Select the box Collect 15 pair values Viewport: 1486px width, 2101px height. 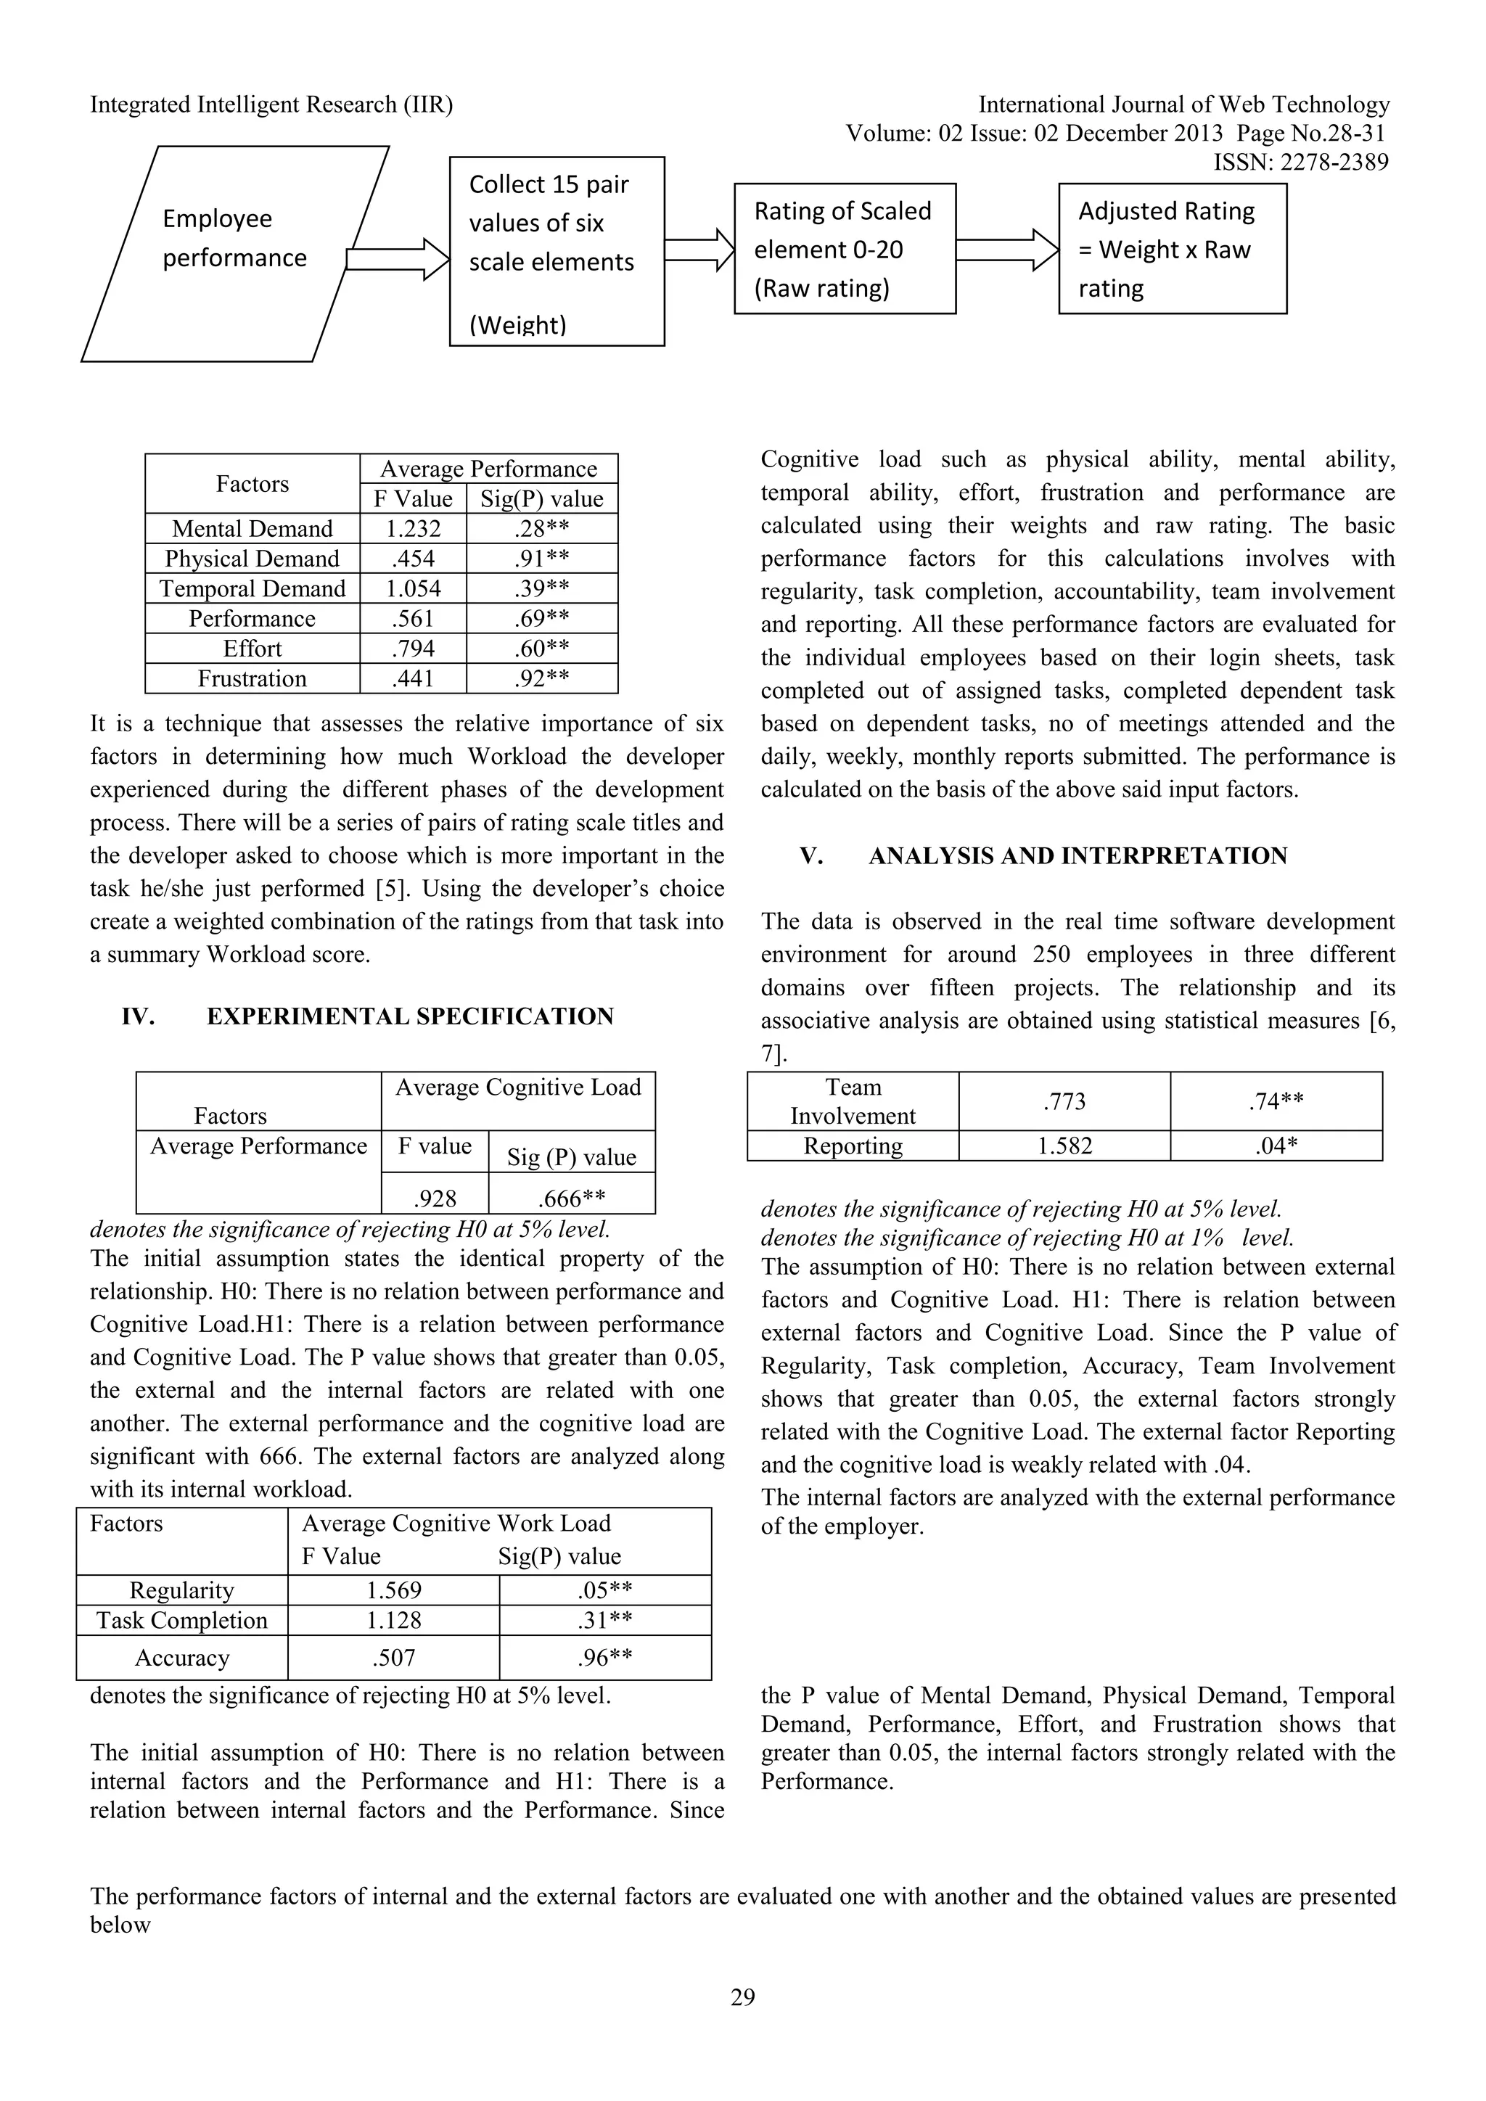pyautogui.click(x=557, y=251)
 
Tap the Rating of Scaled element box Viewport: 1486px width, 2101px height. pyautogui.click(x=844, y=249)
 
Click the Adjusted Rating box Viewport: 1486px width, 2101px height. pyautogui.click(x=1171, y=249)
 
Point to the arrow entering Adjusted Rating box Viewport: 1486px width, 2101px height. pyautogui.click(x=1007, y=250)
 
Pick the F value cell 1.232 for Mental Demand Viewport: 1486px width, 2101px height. pyautogui.click(x=413, y=529)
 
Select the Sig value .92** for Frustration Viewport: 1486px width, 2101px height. pyautogui.click(x=542, y=679)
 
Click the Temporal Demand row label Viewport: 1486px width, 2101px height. pyautogui.click(x=253, y=588)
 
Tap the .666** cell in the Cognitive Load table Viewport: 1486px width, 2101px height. pyautogui.click(x=572, y=1198)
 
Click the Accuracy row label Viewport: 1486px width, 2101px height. pyautogui.click(x=182, y=1658)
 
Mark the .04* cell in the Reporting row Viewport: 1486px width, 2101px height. pyautogui.click(x=1276, y=1146)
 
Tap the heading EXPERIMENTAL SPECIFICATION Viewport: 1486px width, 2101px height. pyautogui.click(x=409, y=1016)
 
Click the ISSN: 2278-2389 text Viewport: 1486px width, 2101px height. pyautogui.click(x=1300, y=163)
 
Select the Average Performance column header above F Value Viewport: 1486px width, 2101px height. pyautogui.click(x=488, y=469)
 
